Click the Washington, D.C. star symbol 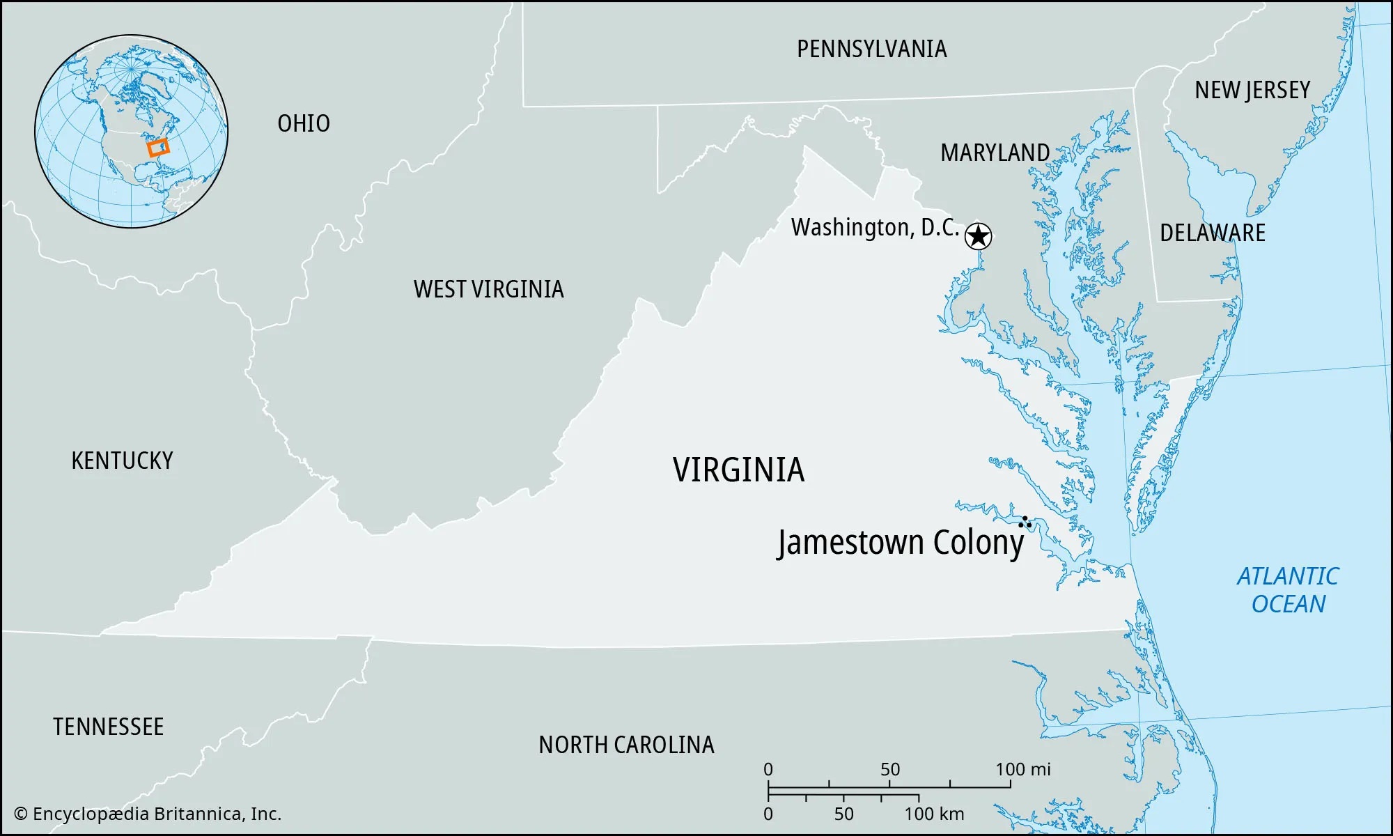pos(978,236)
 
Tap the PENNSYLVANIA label pos(871,49)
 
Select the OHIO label pos(304,123)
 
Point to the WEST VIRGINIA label pos(488,289)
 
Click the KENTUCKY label pos(122,460)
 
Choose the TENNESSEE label pos(108,727)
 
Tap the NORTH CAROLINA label pos(626,745)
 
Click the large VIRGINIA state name pos(738,470)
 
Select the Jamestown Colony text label pos(901,543)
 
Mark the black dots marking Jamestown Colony pos(1025,522)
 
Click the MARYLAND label pos(995,153)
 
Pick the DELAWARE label pos(1212,233)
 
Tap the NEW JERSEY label pos(1252,90)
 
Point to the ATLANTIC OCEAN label pos(1288,590)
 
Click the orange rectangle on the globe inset pos(159,147)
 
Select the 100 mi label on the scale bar pos(1022,769)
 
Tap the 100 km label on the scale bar pos(934,814)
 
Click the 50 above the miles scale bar pos(890,769)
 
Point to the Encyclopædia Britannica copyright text pos(148,814)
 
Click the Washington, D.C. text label pos(875,228)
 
